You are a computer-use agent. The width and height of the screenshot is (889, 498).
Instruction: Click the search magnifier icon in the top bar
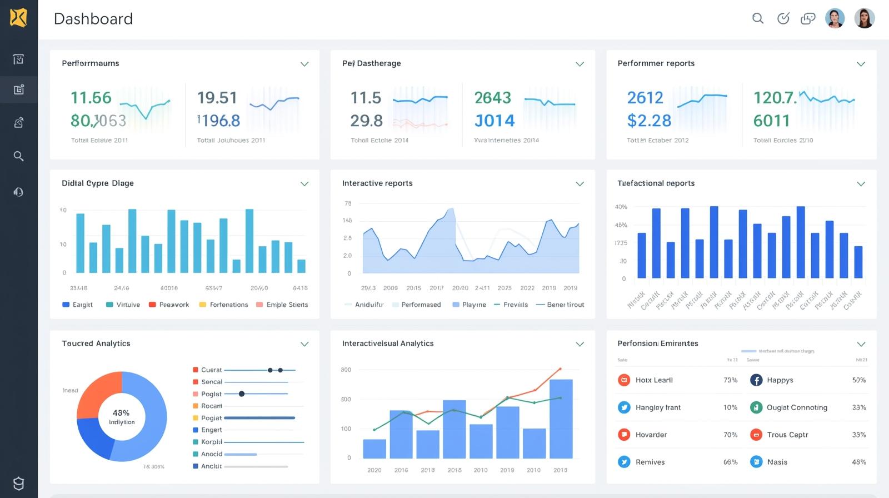758,18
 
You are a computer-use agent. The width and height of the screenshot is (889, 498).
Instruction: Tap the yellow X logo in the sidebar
18,18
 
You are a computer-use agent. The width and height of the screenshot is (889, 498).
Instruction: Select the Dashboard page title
93,19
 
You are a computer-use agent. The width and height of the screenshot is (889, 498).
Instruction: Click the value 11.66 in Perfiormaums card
91,98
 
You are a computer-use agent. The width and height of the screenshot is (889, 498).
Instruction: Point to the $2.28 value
649,121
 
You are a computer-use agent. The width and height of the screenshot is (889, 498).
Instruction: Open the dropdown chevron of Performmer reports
861,64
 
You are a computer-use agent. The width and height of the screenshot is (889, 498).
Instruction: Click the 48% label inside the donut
121,413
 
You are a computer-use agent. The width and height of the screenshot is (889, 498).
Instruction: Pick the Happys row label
780,380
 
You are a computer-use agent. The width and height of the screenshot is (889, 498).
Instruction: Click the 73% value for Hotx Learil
730,380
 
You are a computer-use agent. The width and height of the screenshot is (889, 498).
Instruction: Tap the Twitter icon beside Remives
624,462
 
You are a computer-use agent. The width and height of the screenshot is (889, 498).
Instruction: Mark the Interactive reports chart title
377,183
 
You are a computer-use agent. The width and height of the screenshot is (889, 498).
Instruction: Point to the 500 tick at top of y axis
346,370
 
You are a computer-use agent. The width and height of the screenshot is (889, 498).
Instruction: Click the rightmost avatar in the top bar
864,18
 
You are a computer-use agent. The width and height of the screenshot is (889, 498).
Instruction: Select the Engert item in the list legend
211,430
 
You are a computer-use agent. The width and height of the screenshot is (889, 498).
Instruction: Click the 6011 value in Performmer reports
771,121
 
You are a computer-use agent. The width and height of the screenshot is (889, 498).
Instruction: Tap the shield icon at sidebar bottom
18,483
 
